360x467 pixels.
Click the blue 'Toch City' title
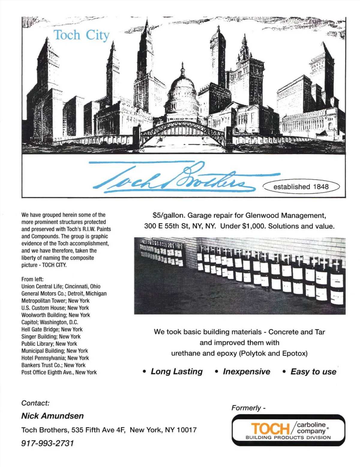click(x=81, y=35)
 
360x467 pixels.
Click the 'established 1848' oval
click(x=301, y=186)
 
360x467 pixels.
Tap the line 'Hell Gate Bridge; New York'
click(x=52, y=329)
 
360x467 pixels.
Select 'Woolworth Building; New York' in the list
click(x=55, y=315)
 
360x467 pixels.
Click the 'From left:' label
click(x=32, y=279)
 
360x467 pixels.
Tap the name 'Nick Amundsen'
click(x=52, y=416)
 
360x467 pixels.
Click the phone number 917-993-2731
click(x=47, y=443)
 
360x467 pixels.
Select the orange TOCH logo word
click(x=270, y=429)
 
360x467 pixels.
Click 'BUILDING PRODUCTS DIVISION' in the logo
click(x=288, y=438)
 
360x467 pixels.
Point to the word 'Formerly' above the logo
click(x=246, y=408)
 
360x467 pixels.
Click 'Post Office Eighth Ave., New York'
click(x=59, y=372)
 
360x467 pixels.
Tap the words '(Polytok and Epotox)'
click(x=273, y=353)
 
